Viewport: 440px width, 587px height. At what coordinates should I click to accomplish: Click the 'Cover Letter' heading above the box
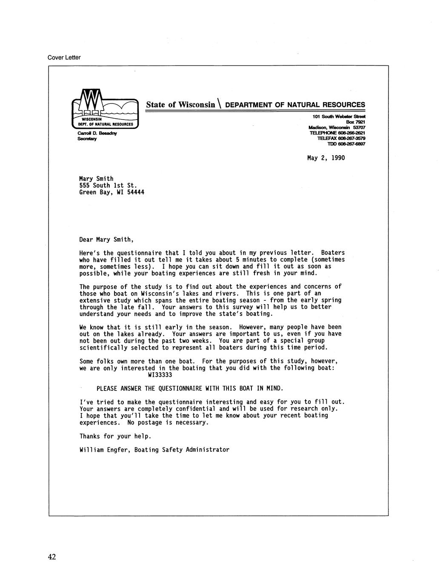point(64,57)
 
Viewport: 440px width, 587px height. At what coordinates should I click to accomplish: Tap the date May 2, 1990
point(326,158)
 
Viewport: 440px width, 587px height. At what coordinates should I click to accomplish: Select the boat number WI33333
point(160,375)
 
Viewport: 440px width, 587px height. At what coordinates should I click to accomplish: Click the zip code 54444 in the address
point(136,192)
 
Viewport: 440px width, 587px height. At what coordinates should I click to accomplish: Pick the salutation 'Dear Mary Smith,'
point(106,239)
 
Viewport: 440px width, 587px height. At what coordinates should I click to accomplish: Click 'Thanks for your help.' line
point(115,436)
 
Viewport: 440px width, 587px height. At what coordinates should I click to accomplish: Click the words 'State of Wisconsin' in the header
point(180,105)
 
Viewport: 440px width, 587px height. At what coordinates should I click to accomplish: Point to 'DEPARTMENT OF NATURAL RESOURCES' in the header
point(294,105)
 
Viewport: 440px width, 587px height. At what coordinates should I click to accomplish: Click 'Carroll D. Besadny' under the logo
point(97,133)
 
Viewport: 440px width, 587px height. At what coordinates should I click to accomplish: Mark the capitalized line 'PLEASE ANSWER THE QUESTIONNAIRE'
point(189,388)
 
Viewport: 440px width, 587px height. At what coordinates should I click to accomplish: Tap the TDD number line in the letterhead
point(346,144)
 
